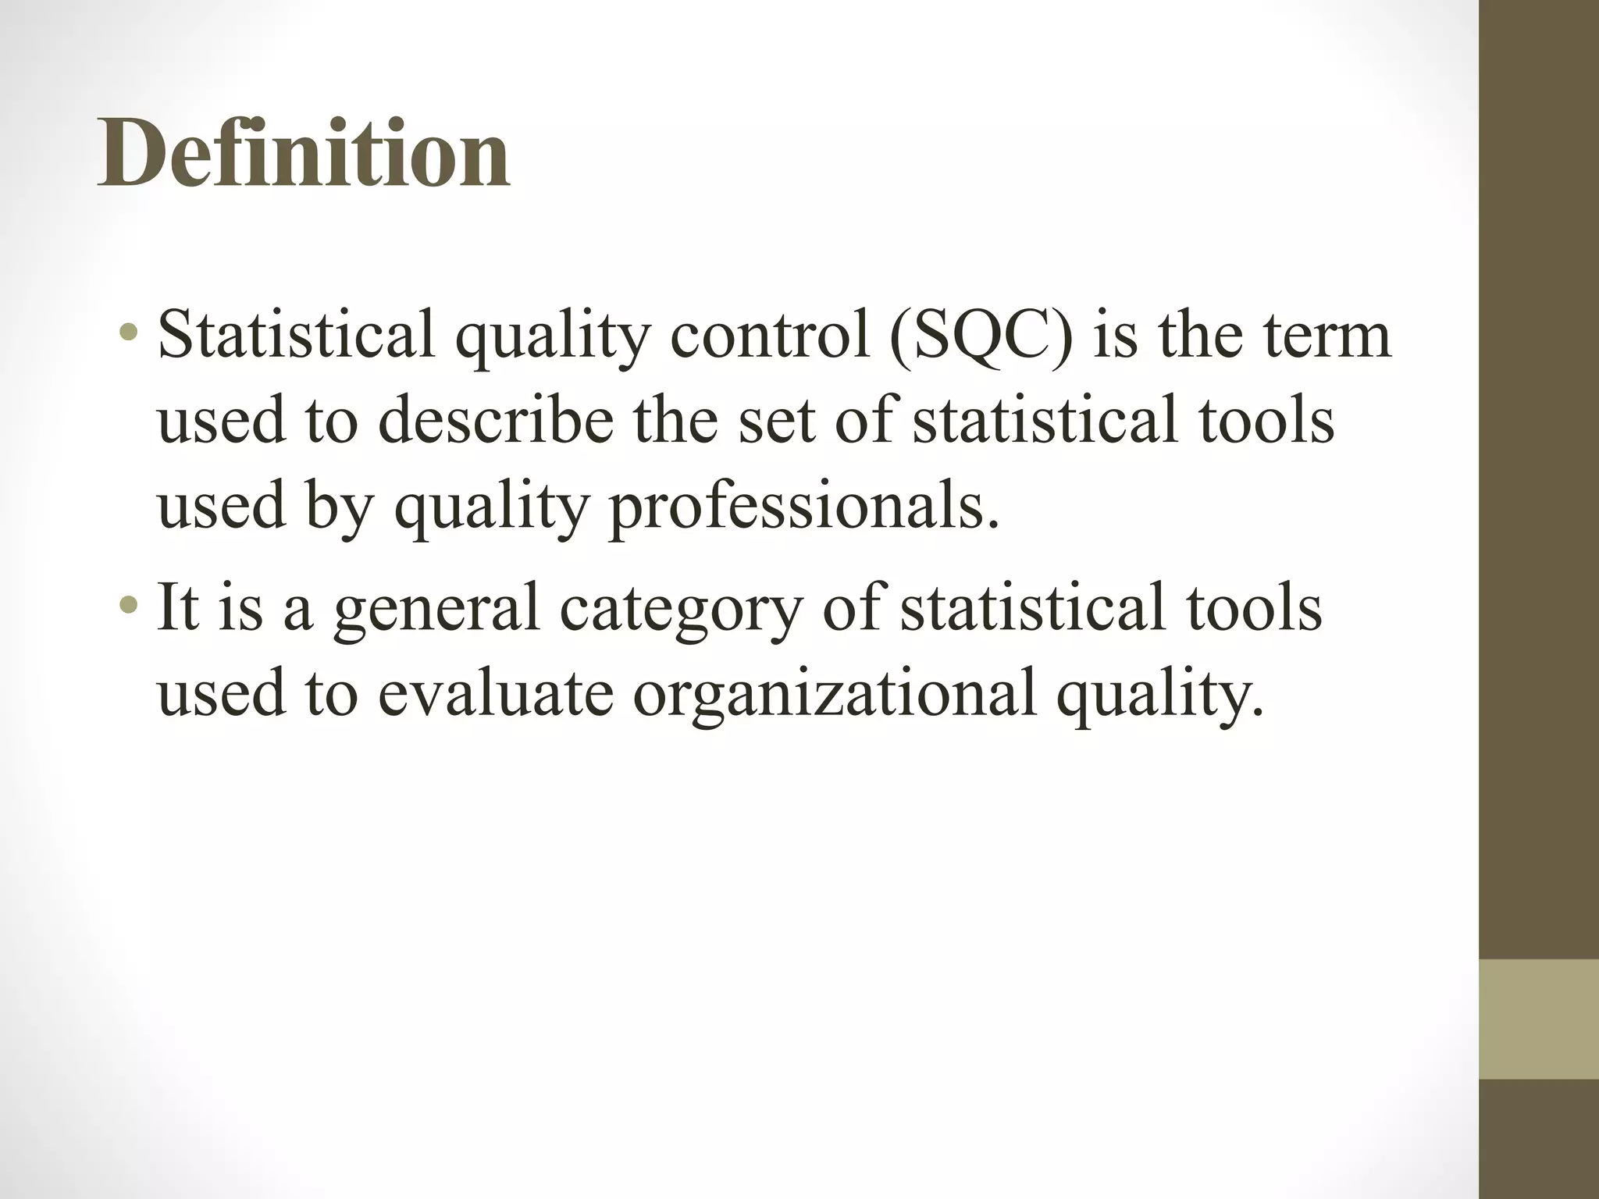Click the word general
[436, 610]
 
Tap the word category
[681, 610]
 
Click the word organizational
[835, 693]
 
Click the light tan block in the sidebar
[1538, 1019]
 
